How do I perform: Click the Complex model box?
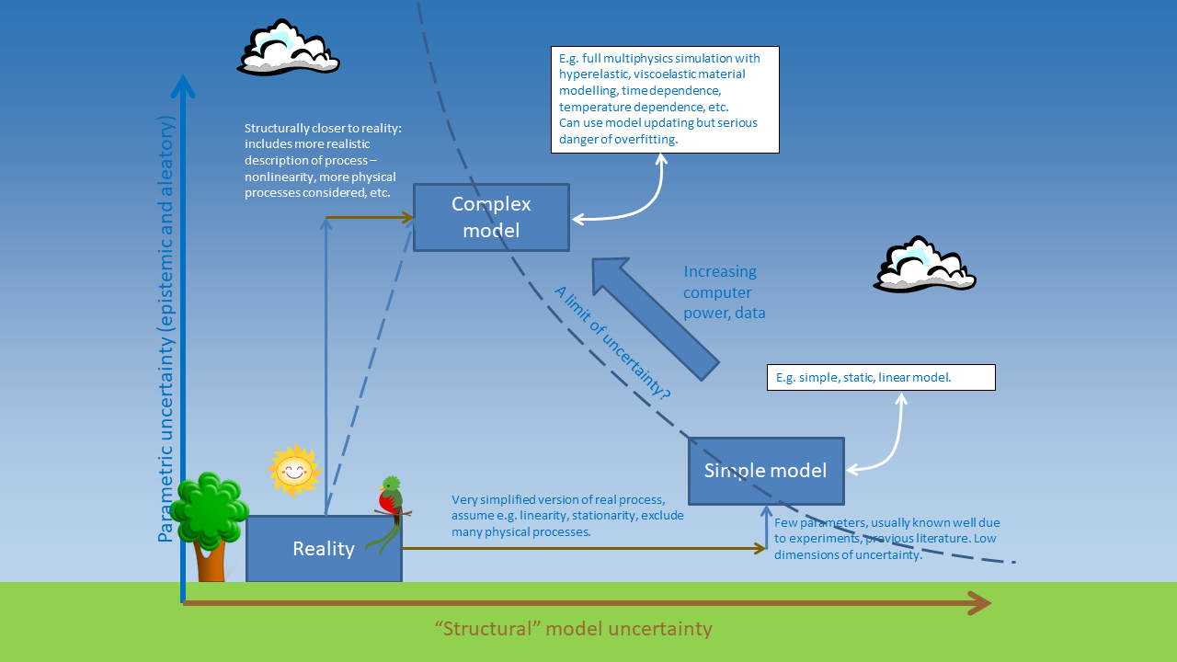tap(491, 217)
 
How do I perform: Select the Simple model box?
tap(766, 471)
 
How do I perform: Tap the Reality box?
tap(324, 549)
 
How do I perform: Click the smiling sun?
tap(293, 471)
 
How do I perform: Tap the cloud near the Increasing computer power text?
tap(923, 265)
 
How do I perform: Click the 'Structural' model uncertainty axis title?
tap(574, 629)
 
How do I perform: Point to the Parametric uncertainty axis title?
tap(166, 328)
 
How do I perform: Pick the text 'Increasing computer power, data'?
tap(725, 292)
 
